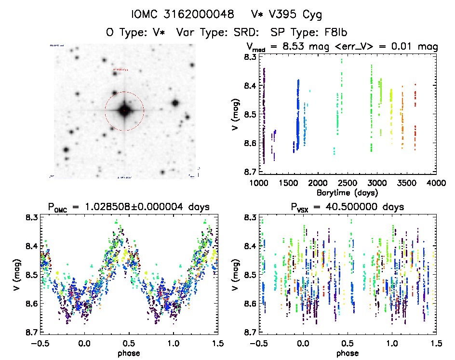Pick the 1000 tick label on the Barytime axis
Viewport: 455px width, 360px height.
click(x=258, y=184)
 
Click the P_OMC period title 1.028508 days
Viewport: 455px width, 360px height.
click(x=129, y=207)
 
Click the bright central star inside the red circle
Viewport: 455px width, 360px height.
click(x=124, y=111)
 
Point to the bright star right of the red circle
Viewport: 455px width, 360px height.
click(x=175, y=103)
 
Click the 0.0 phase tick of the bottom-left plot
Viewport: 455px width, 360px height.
click(x=85, y=343)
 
